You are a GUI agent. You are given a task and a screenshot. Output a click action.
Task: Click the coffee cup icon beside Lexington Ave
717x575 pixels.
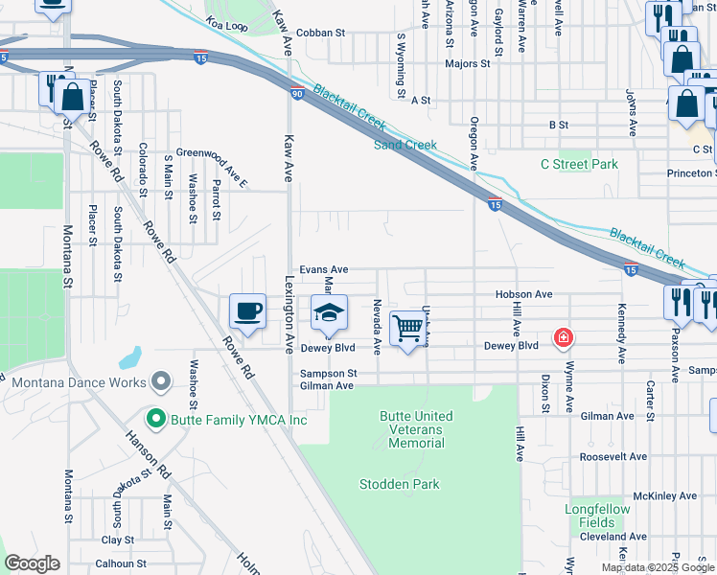point(247,311)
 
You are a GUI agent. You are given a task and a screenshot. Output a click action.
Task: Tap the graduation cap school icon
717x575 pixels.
point(328,313)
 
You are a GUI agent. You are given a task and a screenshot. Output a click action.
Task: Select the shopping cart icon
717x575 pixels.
point(408,328)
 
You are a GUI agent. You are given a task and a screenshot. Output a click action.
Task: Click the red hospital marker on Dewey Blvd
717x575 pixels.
point(564,338)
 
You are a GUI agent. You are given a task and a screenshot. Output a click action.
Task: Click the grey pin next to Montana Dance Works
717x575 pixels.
point(161,382)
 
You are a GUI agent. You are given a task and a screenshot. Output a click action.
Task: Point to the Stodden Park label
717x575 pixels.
point(399,484)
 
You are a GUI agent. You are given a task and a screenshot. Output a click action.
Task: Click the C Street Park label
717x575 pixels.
point(578,164)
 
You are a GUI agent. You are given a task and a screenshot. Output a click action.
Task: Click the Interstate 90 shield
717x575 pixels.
point(297,93)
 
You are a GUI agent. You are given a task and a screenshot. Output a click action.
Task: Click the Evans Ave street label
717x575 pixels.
point(323,270)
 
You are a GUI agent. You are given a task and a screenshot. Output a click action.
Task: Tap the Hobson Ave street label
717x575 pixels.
point(524,294)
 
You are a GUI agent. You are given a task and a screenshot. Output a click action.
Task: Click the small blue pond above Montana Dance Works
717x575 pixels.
point(128,360)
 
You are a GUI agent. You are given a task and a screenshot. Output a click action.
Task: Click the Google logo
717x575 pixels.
point(32,563)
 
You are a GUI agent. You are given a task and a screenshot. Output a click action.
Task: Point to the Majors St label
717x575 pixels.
point(467,64)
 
